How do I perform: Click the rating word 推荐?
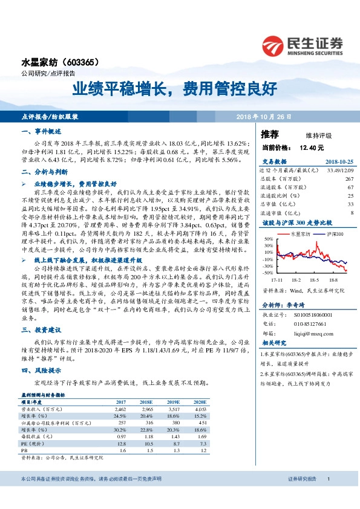(270, 134)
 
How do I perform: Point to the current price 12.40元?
(312, 147)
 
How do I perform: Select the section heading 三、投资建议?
(41, 330)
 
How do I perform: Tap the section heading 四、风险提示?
(41, 371)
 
